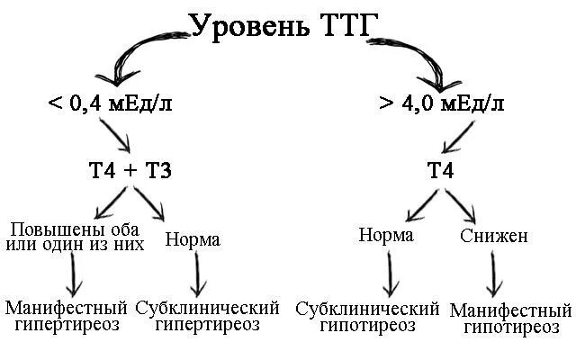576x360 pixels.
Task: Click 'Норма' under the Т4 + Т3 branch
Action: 193,240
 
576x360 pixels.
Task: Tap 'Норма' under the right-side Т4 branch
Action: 385,236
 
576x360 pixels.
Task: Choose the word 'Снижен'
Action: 493,237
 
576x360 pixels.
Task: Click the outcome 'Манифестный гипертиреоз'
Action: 62,316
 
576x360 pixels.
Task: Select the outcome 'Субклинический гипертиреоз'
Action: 207,316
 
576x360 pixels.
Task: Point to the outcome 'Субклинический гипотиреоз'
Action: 367,317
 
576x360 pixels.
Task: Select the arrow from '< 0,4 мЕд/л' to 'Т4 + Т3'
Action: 120,136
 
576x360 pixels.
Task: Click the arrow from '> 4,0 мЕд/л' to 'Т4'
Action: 460,136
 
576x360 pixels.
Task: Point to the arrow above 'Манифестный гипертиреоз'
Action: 70,274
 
